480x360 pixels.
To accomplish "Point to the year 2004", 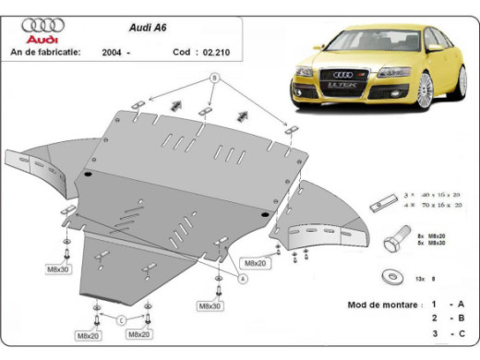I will pyautogui.click(x=114, y=53).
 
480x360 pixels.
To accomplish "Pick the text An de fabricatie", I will pyautogui.click(x=43, y=53).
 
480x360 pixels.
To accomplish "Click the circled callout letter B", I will pyautogui.click(x=215, y=80).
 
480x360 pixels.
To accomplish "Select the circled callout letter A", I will pyautogui.click(x=244, y=277).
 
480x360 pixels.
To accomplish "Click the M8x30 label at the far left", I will pyautogui.click(x=61, y=270).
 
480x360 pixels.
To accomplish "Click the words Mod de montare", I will pyautogui.click(x=376, y=304).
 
